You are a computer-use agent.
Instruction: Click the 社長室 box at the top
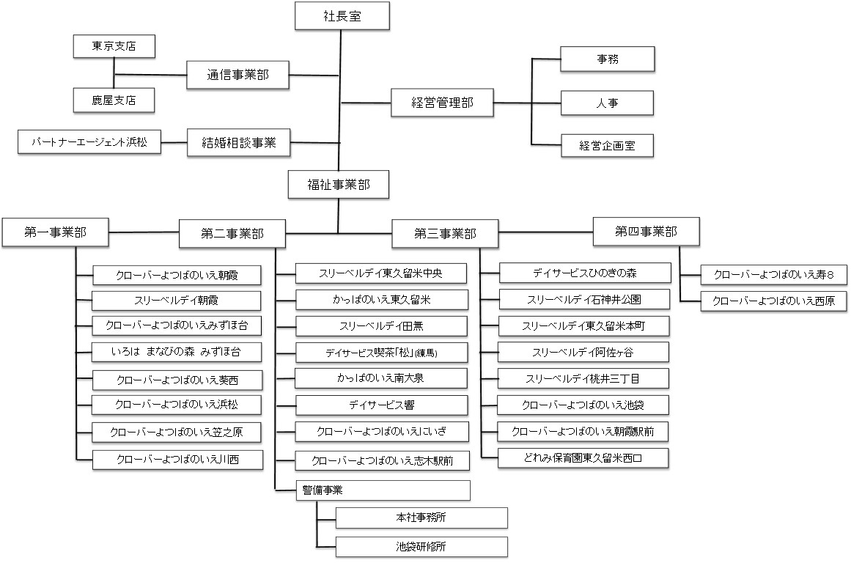(x=342, y=15)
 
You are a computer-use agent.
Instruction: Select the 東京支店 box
(x=114, y=46)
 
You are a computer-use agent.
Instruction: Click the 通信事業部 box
(x=237, y=75)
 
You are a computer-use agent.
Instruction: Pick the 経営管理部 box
(x=442, y=103)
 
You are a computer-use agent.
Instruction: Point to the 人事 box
(x=607, y=103)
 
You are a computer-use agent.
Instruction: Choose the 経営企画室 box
(x=607, y=146)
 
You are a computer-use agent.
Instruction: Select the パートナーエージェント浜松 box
(x=89, y=142)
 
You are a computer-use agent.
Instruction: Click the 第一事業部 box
(x=55, y=232)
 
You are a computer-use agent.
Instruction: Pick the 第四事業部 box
(x=646, y=232)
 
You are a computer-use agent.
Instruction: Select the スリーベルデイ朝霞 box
(x=177, y=300)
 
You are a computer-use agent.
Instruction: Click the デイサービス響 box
(x=381, y=405)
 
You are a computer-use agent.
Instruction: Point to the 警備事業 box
(x=381, y=490)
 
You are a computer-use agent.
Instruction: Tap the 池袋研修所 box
(x=421, y=546)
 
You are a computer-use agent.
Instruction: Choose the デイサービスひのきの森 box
(x=584, y=273)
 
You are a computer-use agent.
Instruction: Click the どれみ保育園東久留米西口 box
(x=583, y=458)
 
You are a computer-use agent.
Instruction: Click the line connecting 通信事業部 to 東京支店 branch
(x=150, y=75)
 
